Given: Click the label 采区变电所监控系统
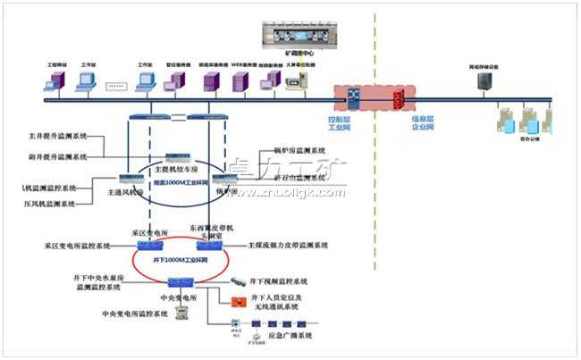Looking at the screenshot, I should pos(77,245).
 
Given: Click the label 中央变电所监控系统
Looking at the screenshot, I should pos(134,314).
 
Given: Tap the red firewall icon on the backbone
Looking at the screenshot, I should pos(399,96).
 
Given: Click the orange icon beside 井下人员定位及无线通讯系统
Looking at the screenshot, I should pos(237,301).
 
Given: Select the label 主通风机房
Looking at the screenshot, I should pos(124,191).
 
